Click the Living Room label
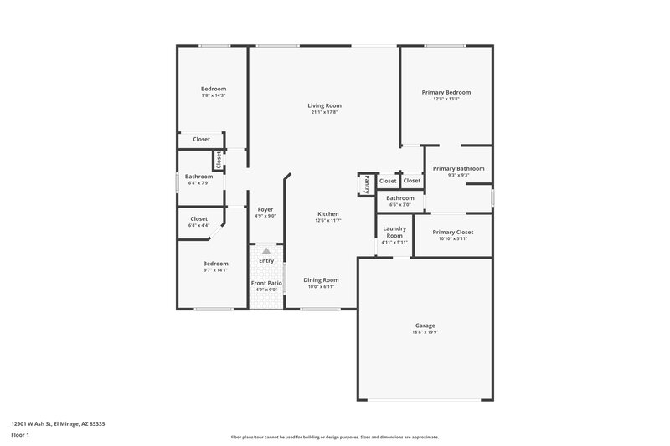[x=324, y=105]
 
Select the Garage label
[x=425, y=326]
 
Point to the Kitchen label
[x=327, y=213]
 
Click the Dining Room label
[x=321, y=279]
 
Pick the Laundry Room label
[x=394, y=232]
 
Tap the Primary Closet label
[x=453, y=232]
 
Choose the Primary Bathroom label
[x=458, y=168]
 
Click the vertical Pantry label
[x=366, y=184]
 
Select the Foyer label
[x=265, y=209]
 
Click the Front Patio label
[x=266, y=283]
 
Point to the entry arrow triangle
[x=266, y=250]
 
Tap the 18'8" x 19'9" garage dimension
[x=425, y=332]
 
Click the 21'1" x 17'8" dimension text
[x=324, y=112]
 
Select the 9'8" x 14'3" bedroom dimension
[x=214, y=95]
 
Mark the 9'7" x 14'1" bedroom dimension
[x=214, y=270]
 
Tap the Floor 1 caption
[x=20, y=435]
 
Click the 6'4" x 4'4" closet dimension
[x=202, y=225]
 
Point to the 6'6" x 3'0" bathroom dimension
[x=400, y=204]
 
